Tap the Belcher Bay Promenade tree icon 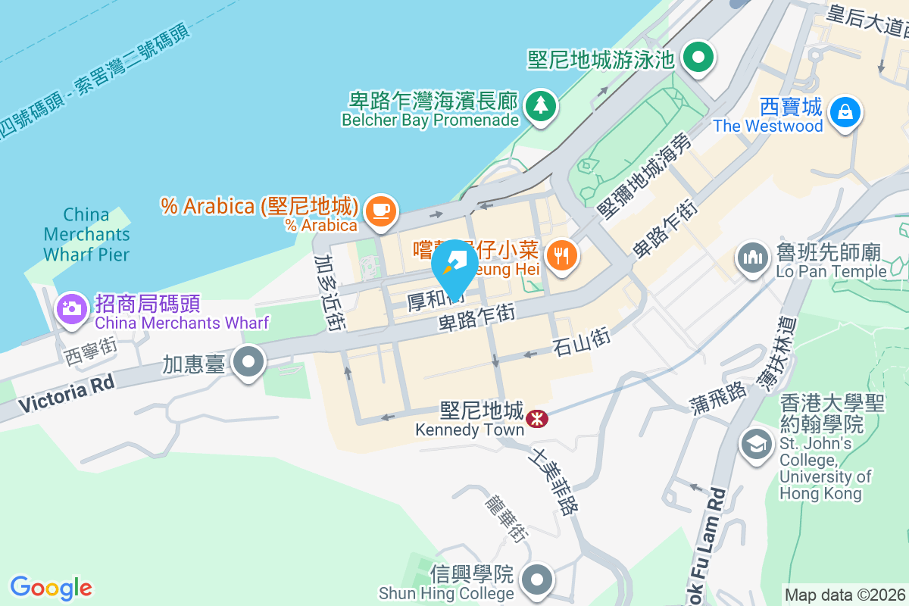[x=541, y=105]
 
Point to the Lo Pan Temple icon [x=753, y=259]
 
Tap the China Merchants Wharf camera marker [x=72, y=308]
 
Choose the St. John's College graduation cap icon [x=756, y=444]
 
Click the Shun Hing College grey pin [x=538, y=579]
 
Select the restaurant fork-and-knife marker [x=561, y=255]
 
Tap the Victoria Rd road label [x=67, y=394]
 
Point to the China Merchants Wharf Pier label [x=86, y=235]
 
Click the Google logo [x=51, y=588]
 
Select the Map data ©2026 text [x=845, y=595]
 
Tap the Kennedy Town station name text [x=470, y=430]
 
